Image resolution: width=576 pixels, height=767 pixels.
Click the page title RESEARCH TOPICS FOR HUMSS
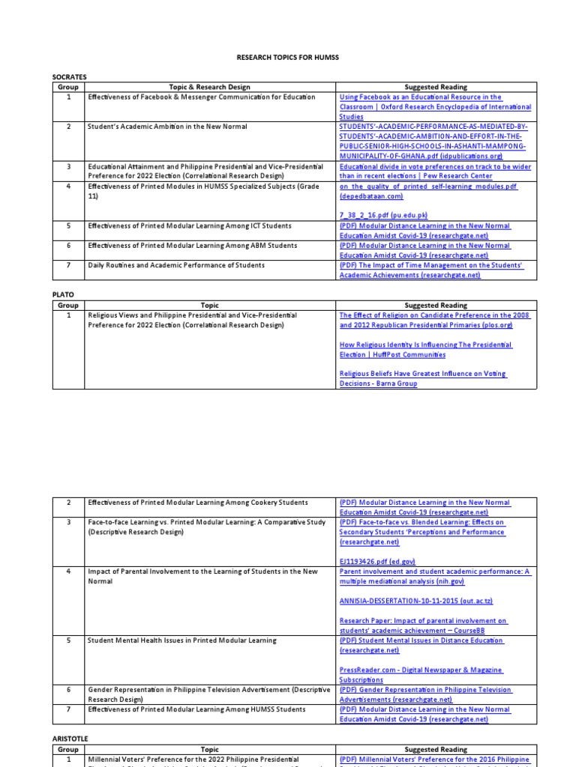pos(287,58)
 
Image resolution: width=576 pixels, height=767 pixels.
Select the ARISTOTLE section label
pos(70,739)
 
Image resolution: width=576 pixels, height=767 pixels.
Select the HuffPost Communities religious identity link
pos(425,350)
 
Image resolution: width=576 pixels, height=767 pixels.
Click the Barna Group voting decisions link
pos(422,378)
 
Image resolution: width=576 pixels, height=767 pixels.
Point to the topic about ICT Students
pos(190,225)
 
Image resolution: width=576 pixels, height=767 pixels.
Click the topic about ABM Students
pos(191,245)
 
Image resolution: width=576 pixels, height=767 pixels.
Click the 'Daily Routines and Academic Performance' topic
pos(176,265)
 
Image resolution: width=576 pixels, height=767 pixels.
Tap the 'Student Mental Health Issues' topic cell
pos(182,640)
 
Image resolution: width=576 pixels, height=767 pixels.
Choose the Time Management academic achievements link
pos(430,270)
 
